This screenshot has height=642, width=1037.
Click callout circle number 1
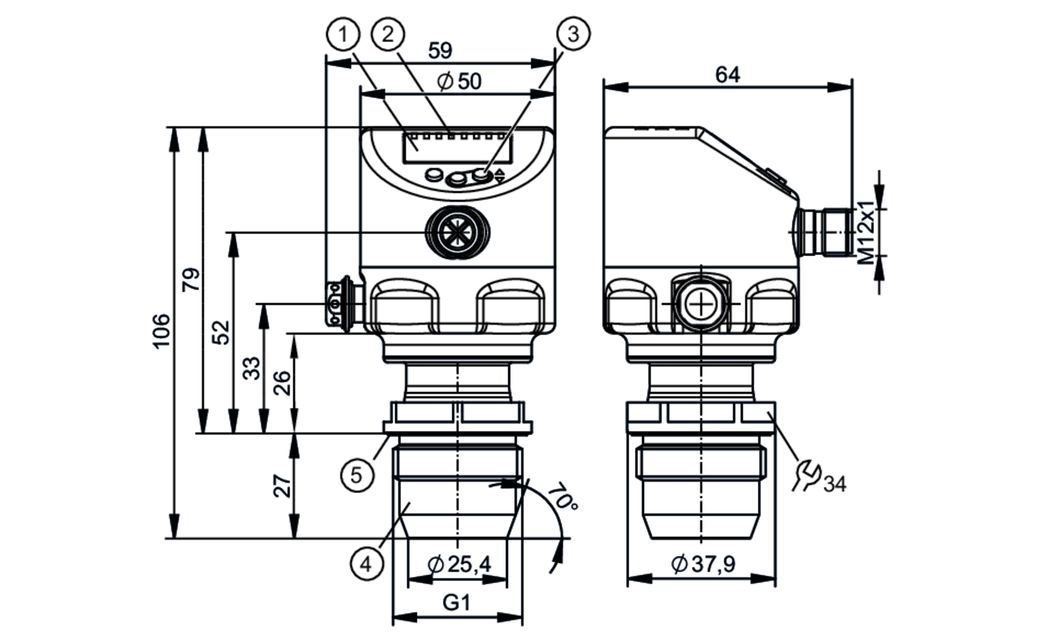343,35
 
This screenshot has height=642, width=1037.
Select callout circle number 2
388,34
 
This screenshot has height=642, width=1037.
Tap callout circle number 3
573,34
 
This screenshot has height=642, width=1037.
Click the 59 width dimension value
440,51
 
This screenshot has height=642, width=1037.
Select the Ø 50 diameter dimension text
459,81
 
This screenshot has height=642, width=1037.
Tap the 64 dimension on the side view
727,75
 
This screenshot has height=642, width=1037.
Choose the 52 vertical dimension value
222,332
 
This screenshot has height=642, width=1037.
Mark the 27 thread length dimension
283,485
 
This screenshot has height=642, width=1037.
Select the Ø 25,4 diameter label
459,564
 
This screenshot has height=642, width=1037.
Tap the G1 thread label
457,603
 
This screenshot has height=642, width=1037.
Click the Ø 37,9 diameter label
703,564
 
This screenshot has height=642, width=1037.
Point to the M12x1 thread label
866,233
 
